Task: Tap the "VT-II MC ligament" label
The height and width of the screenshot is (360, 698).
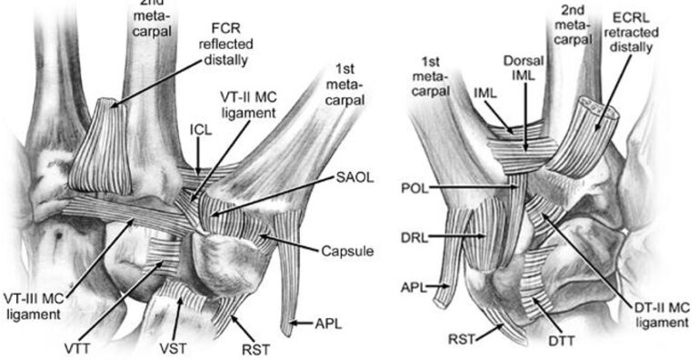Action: (x=246, y=104)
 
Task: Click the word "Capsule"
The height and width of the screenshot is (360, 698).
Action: (x=346, y=250)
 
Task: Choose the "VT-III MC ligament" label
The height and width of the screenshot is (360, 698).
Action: (x=33, y=305)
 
